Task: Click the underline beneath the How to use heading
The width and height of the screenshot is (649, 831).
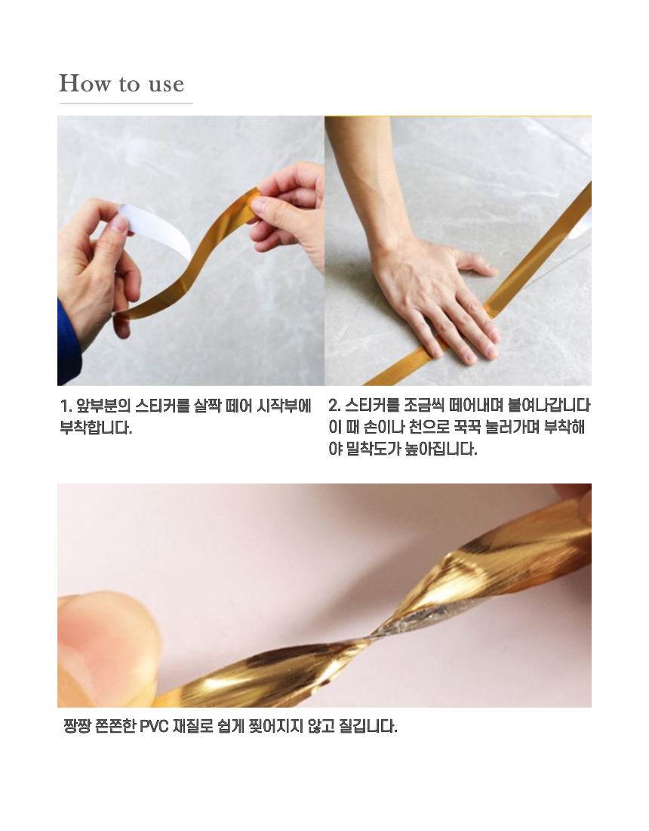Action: tap(125, 103)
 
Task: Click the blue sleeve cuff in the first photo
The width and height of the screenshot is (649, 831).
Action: tap(66, 344)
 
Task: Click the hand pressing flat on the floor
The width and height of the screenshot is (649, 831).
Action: tap(439, 297)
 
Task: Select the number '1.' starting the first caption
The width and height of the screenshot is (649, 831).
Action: tap(66, 406)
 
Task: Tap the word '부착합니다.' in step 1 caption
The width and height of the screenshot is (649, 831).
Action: tap(96, 428)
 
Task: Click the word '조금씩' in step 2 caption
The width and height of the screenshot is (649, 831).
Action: tap(423, 406)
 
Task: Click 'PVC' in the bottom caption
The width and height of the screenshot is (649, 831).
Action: tap(154, 726)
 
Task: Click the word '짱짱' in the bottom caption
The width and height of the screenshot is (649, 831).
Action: tap(78, 726)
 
